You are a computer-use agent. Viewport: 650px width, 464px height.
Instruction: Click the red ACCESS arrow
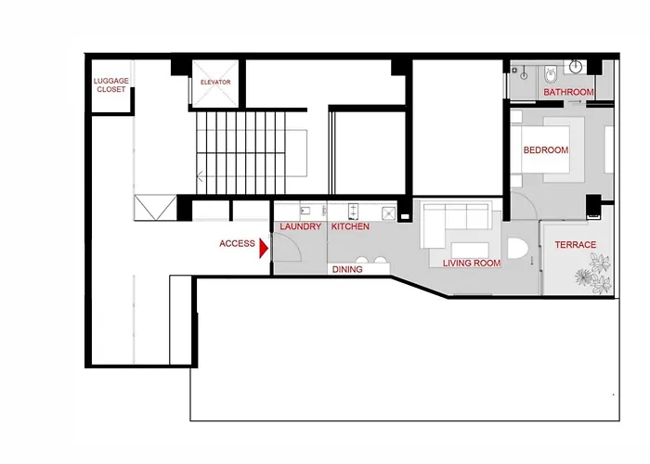pos(264,248)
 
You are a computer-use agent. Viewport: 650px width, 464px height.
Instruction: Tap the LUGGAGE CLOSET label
pos(111,85)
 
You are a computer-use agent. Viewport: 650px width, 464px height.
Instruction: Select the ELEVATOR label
pos(215,82)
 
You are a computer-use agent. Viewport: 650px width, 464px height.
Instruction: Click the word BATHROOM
pos(568,92)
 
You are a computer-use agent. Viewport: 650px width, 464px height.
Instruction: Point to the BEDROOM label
pos(546,150)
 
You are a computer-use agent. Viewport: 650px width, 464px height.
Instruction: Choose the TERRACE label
pos(576,245)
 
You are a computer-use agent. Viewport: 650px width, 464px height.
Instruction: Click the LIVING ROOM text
pos(472,263)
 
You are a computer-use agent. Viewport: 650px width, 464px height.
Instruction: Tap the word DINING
pos(347,270)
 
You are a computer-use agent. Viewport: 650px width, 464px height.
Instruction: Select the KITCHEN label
pos(350,226)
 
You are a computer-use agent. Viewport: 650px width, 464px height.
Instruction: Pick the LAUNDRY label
pos(301,226)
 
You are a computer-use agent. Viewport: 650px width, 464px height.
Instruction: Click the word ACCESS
pos(237,243)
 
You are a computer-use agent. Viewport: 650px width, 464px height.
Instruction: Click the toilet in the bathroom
pos(551,74)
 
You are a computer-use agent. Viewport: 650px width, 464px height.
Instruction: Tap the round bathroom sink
pos(576,66)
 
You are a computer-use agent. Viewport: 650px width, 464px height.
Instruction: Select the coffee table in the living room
pos(470,251)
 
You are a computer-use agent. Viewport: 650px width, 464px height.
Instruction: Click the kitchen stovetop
pos(353,211)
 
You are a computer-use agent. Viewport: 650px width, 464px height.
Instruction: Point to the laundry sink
pos(305,211)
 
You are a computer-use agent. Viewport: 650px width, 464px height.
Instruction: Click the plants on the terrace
pos(593,274)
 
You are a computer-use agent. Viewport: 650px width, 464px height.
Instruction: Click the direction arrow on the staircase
pos(200,176)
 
